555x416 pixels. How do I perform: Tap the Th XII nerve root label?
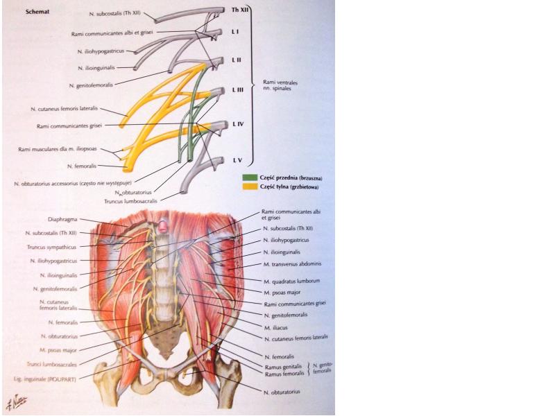click(x=239, y=11)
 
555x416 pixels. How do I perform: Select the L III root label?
click(x=237, y=90)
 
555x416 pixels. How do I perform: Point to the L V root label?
click(x=237, y=160)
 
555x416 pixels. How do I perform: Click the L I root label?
click(x=235, y=33)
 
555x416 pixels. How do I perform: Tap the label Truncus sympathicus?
click(x=56, y=246)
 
